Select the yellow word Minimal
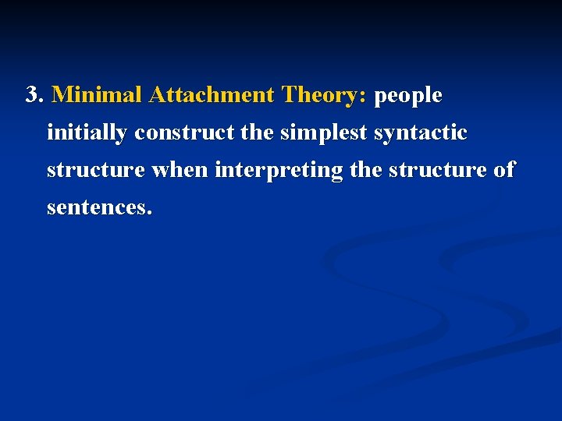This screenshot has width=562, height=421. [97, 95]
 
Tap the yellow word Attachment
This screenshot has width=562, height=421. [212, 95]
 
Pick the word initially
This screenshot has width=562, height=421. [87, 133]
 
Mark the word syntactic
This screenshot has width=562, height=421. [421, 133]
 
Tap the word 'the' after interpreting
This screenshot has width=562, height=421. [365, 170]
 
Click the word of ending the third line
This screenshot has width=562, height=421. [504, 170]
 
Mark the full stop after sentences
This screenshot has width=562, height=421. [149, 213]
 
